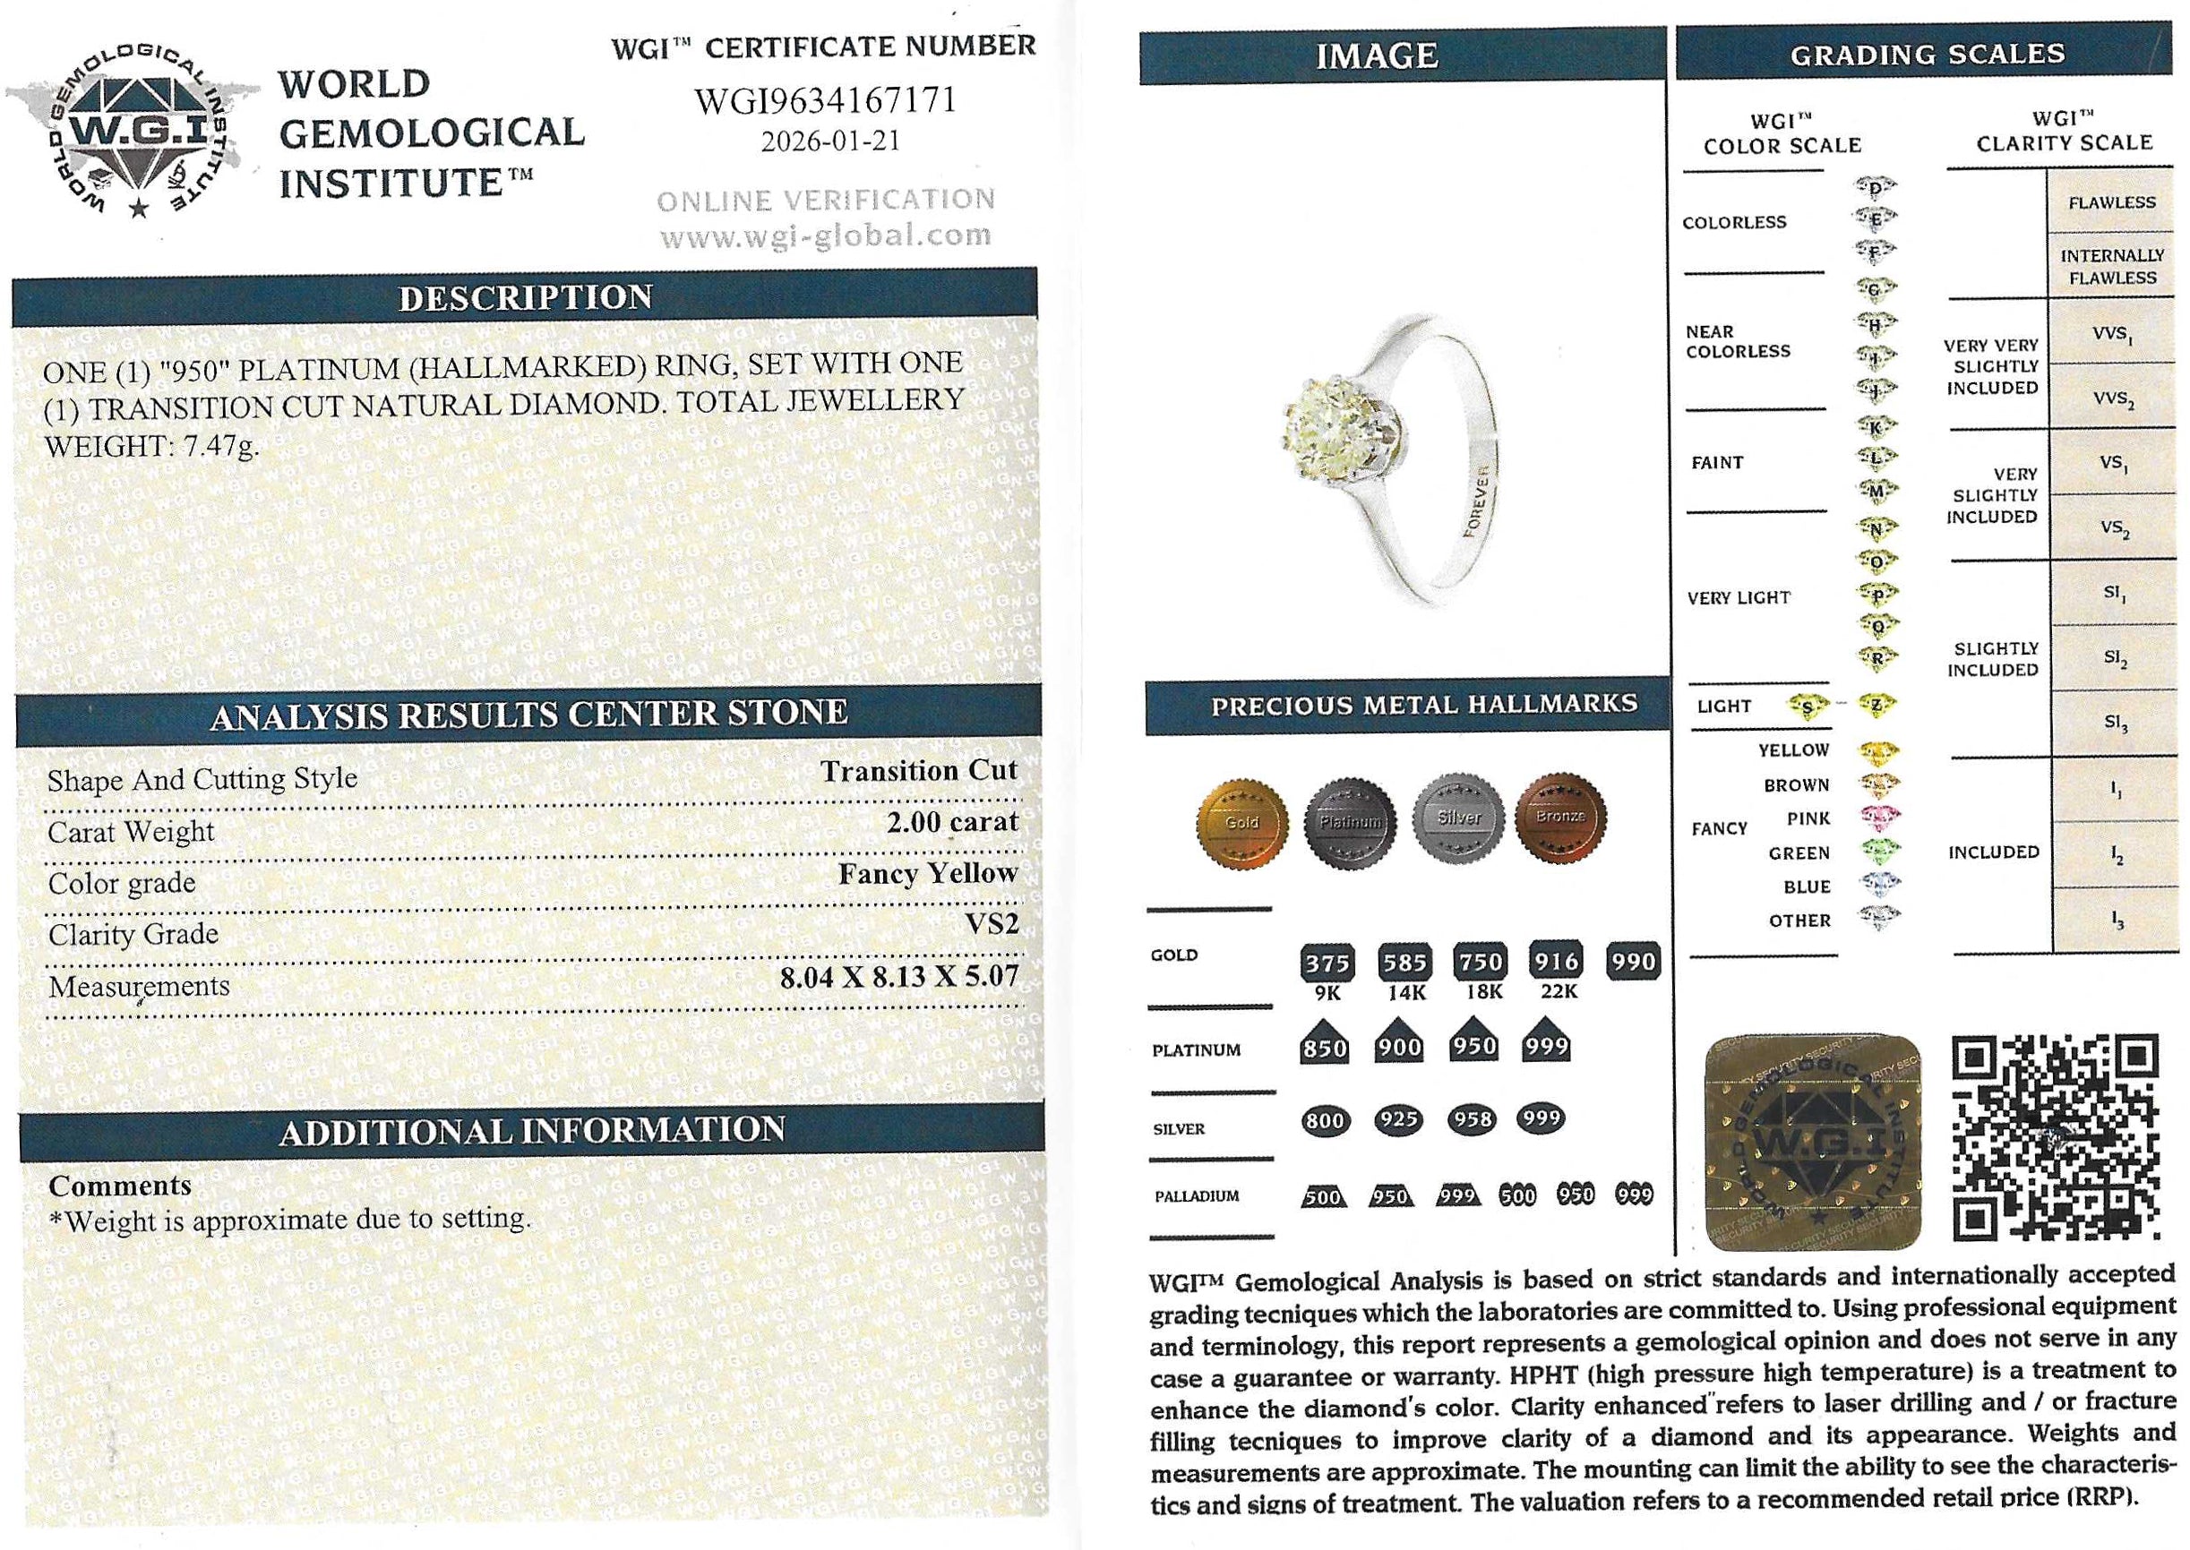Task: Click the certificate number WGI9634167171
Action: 825,100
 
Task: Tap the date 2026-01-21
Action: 829,141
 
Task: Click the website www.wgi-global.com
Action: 825,235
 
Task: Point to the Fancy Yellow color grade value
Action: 927,873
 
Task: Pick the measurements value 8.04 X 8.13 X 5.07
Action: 898,976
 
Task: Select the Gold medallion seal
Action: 1241,821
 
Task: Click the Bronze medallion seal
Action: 1560,817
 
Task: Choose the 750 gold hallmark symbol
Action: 1480,962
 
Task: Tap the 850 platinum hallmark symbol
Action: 1324,1047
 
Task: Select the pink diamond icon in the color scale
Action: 1877,818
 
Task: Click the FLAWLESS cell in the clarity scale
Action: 2112,202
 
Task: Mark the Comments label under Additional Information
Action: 120,1186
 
